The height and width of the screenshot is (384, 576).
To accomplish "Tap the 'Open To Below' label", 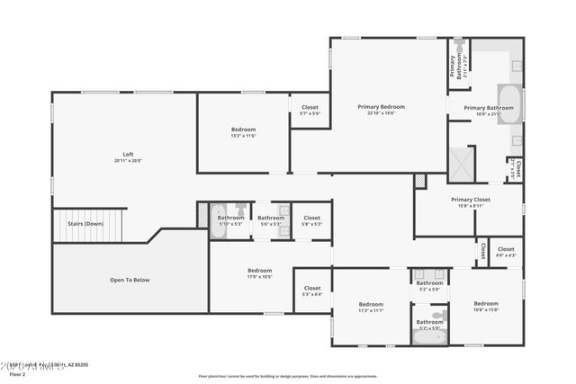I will (x=130, y=280).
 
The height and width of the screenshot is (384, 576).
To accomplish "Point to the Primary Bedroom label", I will (x=381, y=107).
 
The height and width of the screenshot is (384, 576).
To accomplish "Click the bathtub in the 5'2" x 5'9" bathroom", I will (x=429, y=336).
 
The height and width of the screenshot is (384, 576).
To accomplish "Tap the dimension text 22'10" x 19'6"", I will (x=381, y=113).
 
